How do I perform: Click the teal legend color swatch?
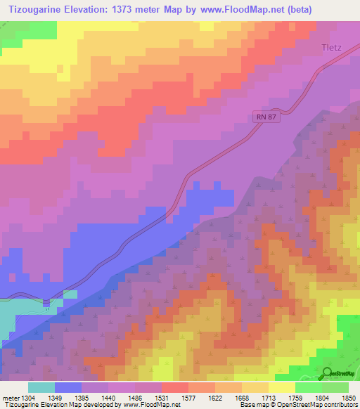tap(41, 387)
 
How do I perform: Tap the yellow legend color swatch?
tap(281, 387)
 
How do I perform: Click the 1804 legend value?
tap(322, 398)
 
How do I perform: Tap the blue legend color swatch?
tap(68, 387)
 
